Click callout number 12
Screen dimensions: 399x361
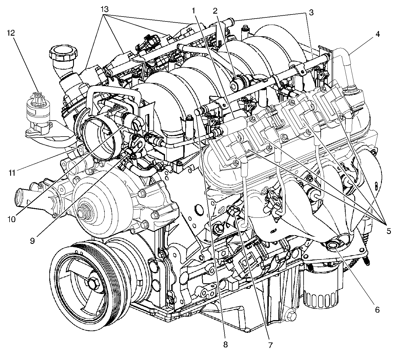click(x=11, y=33)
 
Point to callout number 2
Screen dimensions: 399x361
click(x=215, y=11)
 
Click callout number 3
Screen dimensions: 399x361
click(x=311, y=12)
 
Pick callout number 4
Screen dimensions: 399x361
click(x=378, y=34)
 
